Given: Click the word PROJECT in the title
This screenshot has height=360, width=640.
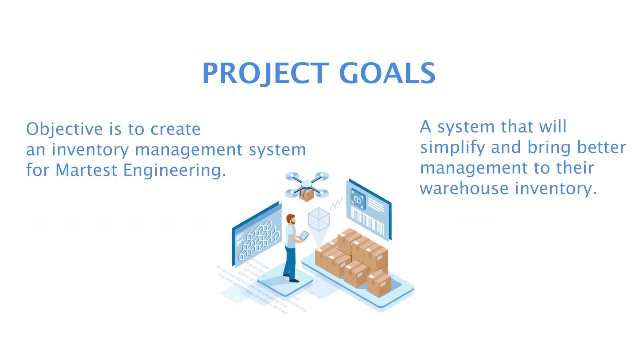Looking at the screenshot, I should click(265, 74).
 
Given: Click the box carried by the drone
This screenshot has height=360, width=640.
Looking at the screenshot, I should click(306, 195).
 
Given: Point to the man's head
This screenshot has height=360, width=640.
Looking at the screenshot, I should click(290, 219).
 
